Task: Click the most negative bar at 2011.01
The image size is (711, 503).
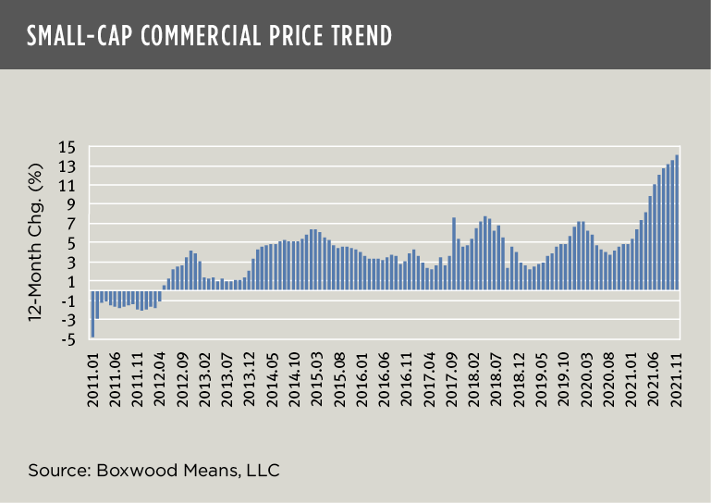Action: pyautogui.click(x=93, y=313)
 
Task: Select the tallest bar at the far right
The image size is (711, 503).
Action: pyautogui.click(x=678, y=222)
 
